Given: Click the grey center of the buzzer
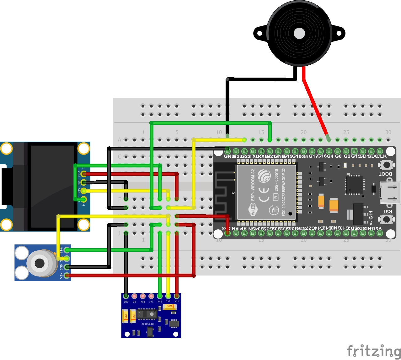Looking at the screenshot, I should (299, 33).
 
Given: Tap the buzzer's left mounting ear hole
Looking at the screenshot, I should (259, 33).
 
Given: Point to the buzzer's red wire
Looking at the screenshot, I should (314, 104).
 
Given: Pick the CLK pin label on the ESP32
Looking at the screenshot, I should (382, 156).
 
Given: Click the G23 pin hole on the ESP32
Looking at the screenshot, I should (236, 151).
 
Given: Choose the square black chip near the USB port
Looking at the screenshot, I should (355, 185).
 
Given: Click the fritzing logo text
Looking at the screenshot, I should (373, 351).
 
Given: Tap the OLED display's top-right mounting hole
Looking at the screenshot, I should (83, 149).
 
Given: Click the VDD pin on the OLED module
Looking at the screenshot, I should (83, 174).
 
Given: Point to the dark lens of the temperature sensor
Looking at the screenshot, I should (40, 263).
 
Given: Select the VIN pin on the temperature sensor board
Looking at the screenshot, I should (67, 275).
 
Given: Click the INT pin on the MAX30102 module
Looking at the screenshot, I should (151, 296).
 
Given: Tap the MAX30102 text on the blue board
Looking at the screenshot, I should (147, 324).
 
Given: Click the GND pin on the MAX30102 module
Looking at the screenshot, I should (126, 296).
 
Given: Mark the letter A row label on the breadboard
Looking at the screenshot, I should (119, 140).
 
